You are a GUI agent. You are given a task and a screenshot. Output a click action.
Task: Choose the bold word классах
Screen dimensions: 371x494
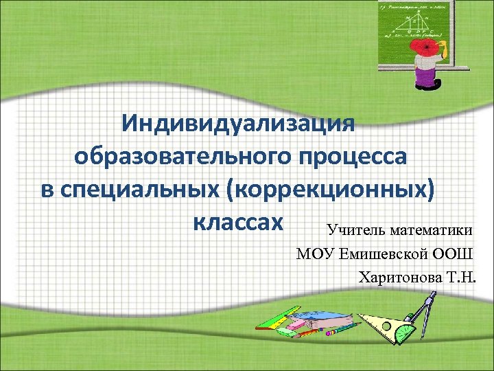point(238,222)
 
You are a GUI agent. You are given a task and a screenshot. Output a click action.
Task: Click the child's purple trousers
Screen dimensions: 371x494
point(427,81)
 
